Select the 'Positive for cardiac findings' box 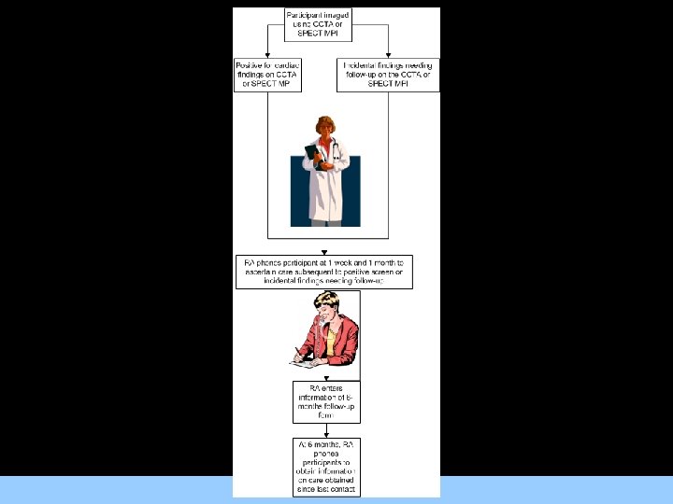click(268, 74)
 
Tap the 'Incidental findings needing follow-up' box click(387, 74)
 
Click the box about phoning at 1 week click(322, 271)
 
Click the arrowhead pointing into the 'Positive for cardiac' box click(268, 55)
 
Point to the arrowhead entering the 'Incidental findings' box click(387, 55)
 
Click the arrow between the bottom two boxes click(322, 430)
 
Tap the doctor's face click(325, 130)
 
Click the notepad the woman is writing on click(306, 361)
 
